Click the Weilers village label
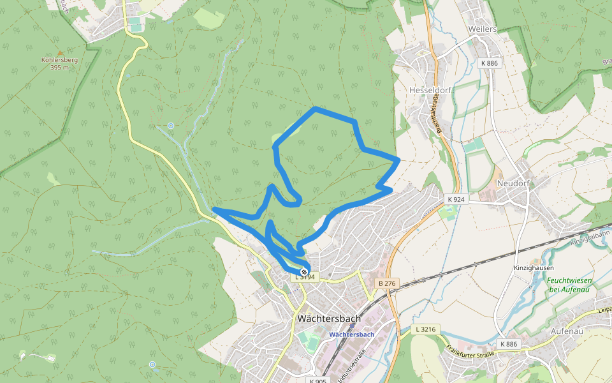pos(482,29)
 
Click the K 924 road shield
pos(456,200)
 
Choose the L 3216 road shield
pos(425,329)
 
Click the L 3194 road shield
pos(305,277)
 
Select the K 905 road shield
pos(317,381)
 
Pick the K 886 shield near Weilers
pos(489,63)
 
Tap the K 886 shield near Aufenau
pos(508,344)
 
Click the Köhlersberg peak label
pos(59,63)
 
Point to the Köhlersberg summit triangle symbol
pos(61,53)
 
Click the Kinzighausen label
pos(534,268)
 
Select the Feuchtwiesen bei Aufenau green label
pos(569,285)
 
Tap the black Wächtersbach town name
pos(329,319)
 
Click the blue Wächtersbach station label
pos(351,334)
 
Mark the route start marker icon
pos(303,271)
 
